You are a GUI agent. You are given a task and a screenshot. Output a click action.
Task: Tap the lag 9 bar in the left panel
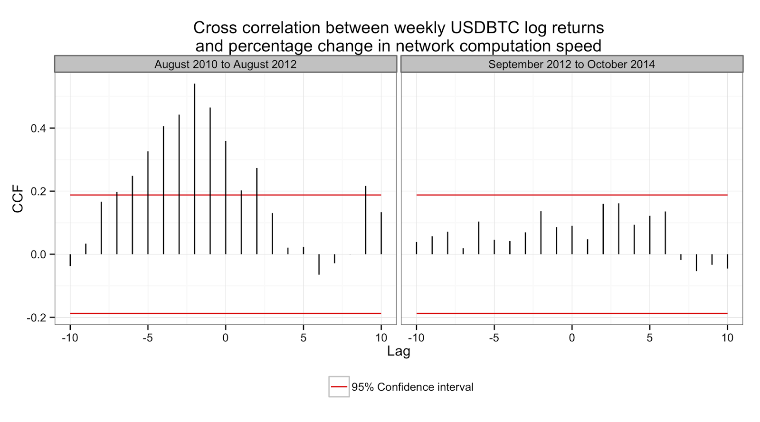(x=366, y=220)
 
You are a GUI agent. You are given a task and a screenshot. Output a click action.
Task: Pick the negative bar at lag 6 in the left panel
(x=319, y=264)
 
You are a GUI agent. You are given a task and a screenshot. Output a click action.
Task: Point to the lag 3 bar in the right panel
(x=618, y=229)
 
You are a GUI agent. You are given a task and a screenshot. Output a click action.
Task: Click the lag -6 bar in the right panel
(x=479, y=238)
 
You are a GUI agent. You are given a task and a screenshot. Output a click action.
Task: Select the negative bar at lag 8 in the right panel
(x=696, y=263)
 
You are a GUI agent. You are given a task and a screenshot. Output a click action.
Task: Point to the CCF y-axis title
(x=18, y=199)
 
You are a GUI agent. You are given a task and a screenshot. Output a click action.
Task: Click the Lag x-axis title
(x=399, y=351)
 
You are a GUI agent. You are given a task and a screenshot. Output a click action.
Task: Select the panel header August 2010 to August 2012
(x=226, y=65)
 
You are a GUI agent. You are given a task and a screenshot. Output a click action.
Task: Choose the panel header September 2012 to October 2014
(x=571, y=65)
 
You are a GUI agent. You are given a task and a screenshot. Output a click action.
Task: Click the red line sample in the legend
(x=339, y=387)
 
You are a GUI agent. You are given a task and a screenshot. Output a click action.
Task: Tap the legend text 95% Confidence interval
(x=412, y=387)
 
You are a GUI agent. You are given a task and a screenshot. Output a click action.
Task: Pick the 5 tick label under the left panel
(x=304, y=338)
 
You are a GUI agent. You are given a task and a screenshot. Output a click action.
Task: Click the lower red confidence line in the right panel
(x=572, y=313)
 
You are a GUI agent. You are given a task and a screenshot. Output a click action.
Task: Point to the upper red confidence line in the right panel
(x=572, y=195)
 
